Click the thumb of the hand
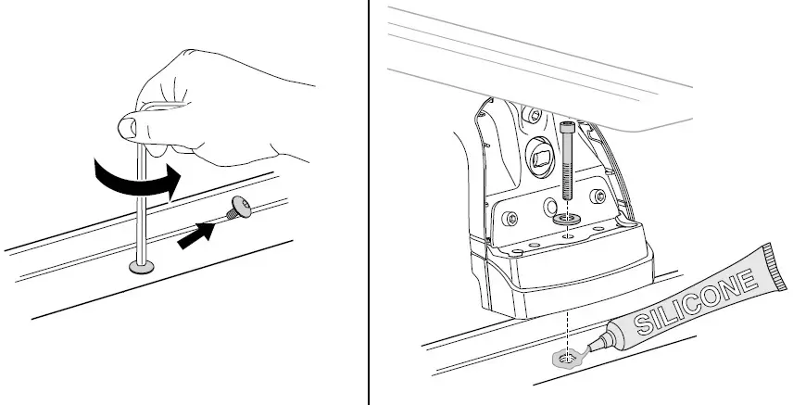click(128, 127)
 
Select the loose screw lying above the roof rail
click(237, 207)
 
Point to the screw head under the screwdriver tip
click(141, 267)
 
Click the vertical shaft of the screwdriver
click(142, 202)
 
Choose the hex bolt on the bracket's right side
click(598, 196)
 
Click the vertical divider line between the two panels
click(370, 202)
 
